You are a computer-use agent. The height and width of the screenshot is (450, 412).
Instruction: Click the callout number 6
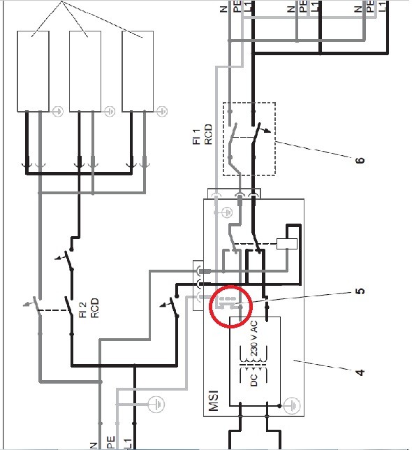360,160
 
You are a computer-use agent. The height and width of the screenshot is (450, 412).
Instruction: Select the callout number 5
360,291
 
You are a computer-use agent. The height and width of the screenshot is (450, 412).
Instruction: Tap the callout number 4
360,372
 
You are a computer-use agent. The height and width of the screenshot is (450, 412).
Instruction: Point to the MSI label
214,400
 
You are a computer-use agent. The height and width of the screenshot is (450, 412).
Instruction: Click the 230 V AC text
254,338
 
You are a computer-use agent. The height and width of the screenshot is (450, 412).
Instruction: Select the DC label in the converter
254,379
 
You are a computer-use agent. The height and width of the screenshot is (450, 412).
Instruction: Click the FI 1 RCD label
203,134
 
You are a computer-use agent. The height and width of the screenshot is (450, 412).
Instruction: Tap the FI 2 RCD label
89,308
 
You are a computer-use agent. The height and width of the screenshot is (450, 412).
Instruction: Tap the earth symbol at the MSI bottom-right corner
292,406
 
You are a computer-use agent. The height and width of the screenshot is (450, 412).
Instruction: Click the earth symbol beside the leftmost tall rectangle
58,111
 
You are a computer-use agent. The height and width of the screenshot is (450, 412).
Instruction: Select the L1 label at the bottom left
128,444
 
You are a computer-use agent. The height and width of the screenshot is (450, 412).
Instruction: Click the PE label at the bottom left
111,443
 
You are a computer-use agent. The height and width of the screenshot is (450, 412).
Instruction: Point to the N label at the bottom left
94,446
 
